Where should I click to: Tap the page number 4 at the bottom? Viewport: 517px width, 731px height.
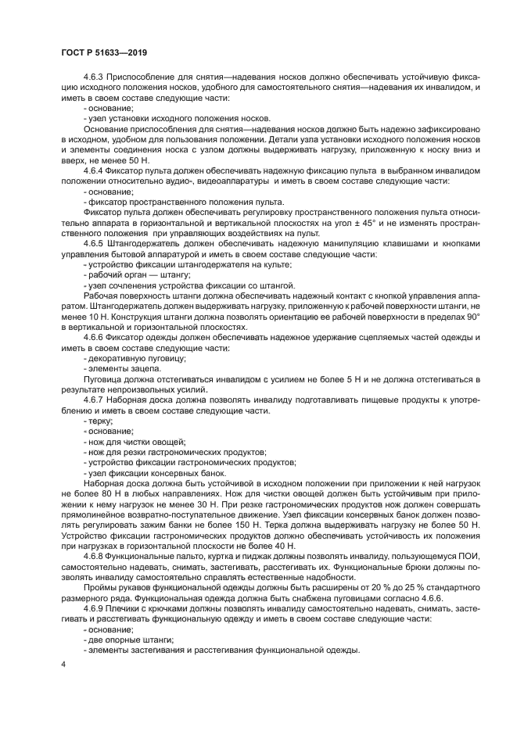coord(64,663)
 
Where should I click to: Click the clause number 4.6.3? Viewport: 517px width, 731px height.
coord(95,79)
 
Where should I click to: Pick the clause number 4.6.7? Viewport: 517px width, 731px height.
coord(95,400)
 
